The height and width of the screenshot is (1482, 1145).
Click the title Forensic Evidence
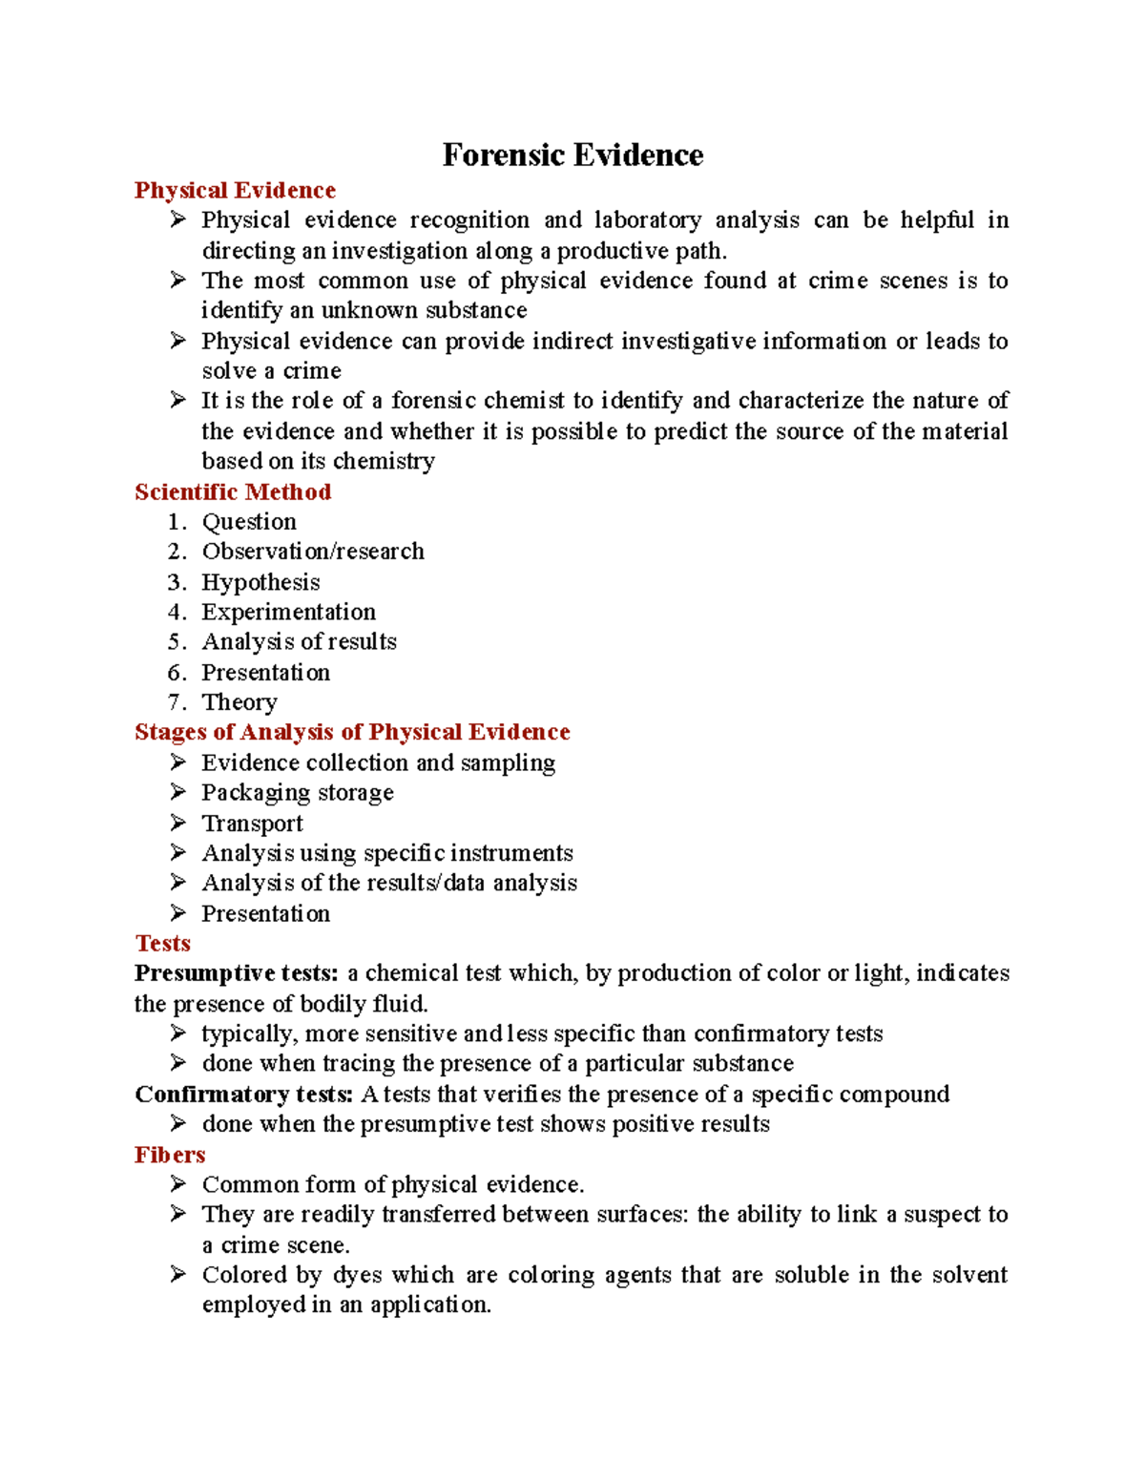coord(572,155)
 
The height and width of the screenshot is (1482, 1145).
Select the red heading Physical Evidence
coord(235,190)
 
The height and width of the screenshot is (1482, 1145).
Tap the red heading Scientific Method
coord(233,491)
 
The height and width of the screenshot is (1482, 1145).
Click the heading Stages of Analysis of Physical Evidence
coord(352,732)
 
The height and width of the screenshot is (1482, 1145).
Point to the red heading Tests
coord(162,943)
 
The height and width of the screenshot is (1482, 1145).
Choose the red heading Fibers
coord(170,1155)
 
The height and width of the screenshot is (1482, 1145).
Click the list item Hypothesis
coord(260,582)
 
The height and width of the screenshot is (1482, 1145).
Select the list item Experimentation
coord(288,612)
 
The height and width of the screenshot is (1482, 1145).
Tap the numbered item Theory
coord(239,702)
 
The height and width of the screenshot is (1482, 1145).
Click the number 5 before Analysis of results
coord(175,642)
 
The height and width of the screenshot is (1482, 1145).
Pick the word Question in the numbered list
coord(249,522)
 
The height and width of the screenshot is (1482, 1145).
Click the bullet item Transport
coord(252,823)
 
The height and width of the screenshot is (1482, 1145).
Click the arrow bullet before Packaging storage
coord(177,792)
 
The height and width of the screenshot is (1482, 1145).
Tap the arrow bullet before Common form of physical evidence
coord(177,1184)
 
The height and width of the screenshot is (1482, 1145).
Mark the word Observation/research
coord(313,552)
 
